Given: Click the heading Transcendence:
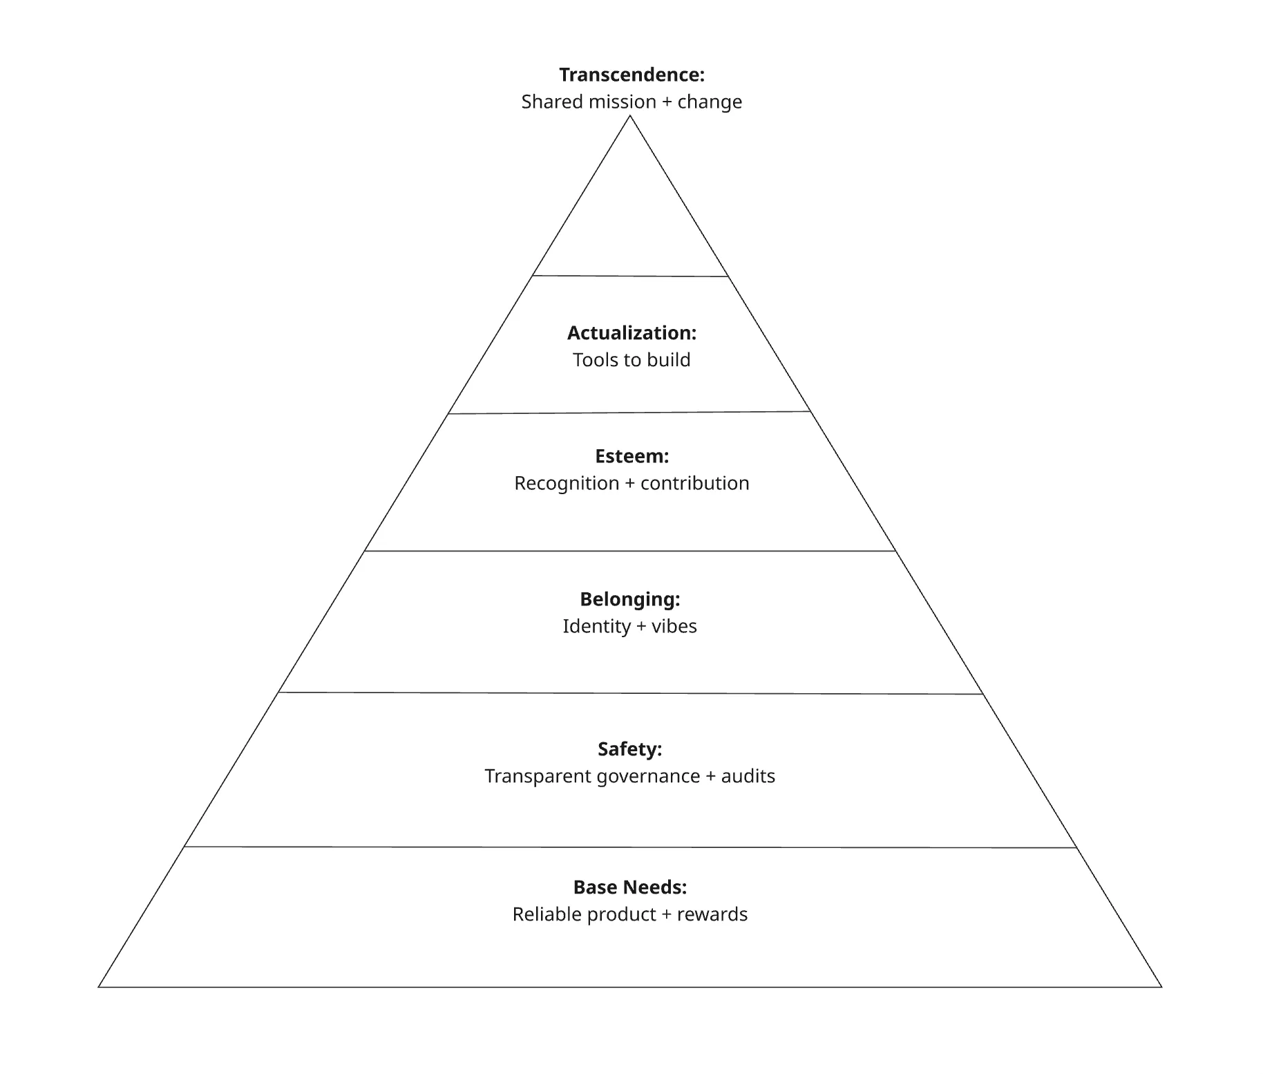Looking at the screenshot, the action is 631,75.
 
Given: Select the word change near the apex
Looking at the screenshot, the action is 710,102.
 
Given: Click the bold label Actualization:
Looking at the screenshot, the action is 631,333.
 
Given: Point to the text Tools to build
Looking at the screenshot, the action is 631,360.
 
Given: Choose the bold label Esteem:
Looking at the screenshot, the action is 631,456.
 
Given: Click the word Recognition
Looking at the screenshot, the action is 567,484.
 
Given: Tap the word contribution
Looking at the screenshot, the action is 695,483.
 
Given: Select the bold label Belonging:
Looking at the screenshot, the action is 630,600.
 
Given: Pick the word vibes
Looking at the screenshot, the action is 674,627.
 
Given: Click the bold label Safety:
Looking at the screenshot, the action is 629,750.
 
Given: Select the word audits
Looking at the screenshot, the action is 748,777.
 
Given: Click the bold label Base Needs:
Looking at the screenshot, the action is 630,887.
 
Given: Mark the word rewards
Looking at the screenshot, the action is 712,915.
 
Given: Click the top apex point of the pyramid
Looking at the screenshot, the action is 630,116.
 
